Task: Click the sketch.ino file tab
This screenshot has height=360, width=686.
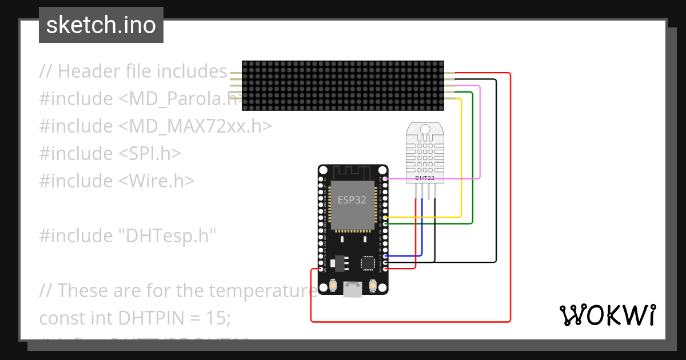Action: (101, 25)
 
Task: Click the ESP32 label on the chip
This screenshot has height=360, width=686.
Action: (352, 200)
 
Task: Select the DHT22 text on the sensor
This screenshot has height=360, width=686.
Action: (425, 178)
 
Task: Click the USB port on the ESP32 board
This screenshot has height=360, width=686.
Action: (352, 290)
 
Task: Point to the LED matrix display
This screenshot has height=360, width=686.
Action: (342, 86)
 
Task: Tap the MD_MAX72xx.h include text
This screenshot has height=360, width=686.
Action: (194, 126)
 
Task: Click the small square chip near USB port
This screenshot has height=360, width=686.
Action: (368, 263)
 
